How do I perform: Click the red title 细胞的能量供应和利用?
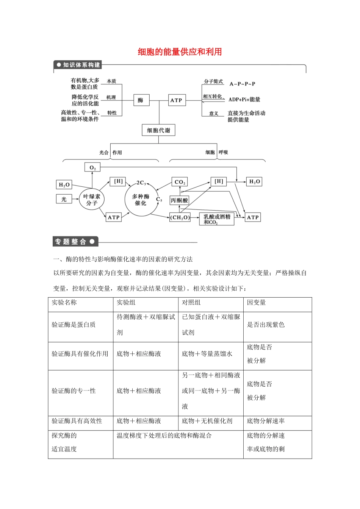point(180,52)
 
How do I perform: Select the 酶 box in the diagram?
point(141,100)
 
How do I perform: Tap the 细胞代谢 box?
point(158,130)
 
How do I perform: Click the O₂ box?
point(92,167)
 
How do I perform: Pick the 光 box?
point(64,199)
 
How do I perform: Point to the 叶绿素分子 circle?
point(92,200)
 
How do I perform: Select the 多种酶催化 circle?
point(141,200)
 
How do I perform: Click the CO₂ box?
point(180,182)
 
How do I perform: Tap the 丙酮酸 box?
point(179,200)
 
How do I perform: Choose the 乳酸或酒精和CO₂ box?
point(217,219)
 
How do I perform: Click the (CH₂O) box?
point(180,217)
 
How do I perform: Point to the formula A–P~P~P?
point(242,84)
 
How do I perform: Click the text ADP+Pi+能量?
point(244,100)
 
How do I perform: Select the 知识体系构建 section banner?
point(78,65)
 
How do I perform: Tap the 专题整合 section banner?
point(75,242)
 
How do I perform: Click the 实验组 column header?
point(126,302)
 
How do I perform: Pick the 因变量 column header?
point(257,302)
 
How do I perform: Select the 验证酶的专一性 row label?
point(74,391)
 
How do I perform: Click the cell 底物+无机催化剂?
point(207,421)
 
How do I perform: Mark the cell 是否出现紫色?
point(266,325)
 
